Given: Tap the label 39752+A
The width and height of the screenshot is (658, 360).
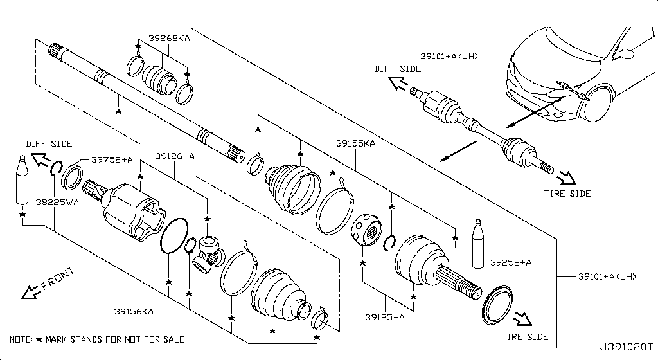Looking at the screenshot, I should click(x=111, y=159).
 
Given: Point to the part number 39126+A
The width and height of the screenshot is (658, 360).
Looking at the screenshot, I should click(x=175, y=156).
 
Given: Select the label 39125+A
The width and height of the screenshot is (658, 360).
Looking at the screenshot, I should click(x=384, y=316).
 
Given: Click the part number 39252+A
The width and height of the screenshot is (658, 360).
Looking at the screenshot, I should click(x=511, y=262).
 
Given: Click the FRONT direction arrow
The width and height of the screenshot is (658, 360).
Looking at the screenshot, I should click(x=31, y=291).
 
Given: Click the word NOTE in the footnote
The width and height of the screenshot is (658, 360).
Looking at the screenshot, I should click(x=21, y=339).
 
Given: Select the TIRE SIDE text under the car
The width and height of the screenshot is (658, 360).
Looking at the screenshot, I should click(x=567, y=194).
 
